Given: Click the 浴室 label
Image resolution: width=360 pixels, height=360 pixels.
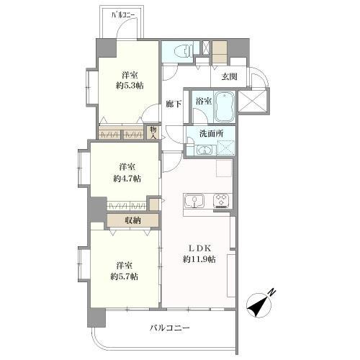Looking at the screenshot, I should coord(202,102).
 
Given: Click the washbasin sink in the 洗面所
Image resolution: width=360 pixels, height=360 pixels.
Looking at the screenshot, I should coord(202,150).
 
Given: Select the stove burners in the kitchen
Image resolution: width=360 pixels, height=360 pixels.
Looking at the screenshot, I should coord(220,201).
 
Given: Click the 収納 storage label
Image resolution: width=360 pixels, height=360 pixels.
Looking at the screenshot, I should coord(131,220).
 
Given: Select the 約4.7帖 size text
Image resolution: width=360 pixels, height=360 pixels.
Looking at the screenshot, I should coord(127,177).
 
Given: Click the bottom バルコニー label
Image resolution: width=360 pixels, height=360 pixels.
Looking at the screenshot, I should coord(169,328).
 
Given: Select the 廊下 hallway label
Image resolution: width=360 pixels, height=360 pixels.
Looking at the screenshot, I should coord(173,103).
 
